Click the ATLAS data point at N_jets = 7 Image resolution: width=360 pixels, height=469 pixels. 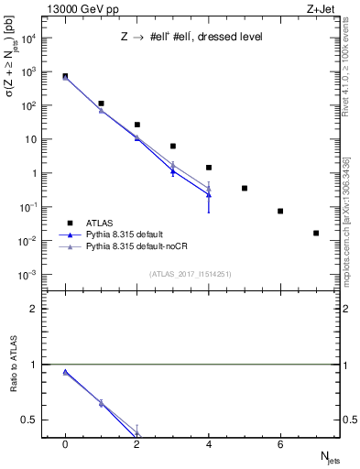316,233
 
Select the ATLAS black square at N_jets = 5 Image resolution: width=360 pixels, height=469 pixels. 245,188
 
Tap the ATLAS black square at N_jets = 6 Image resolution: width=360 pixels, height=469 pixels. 280,211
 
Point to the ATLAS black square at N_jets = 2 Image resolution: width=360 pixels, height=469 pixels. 137,125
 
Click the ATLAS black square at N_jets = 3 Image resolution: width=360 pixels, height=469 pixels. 173,146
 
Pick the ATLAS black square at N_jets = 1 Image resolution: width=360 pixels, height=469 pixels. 101,104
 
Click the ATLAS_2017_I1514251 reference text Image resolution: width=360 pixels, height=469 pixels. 190,274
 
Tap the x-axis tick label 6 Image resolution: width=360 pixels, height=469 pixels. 280,444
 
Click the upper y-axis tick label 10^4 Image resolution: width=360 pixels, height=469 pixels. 27,38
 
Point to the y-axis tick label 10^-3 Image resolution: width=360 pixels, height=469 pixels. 27,275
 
